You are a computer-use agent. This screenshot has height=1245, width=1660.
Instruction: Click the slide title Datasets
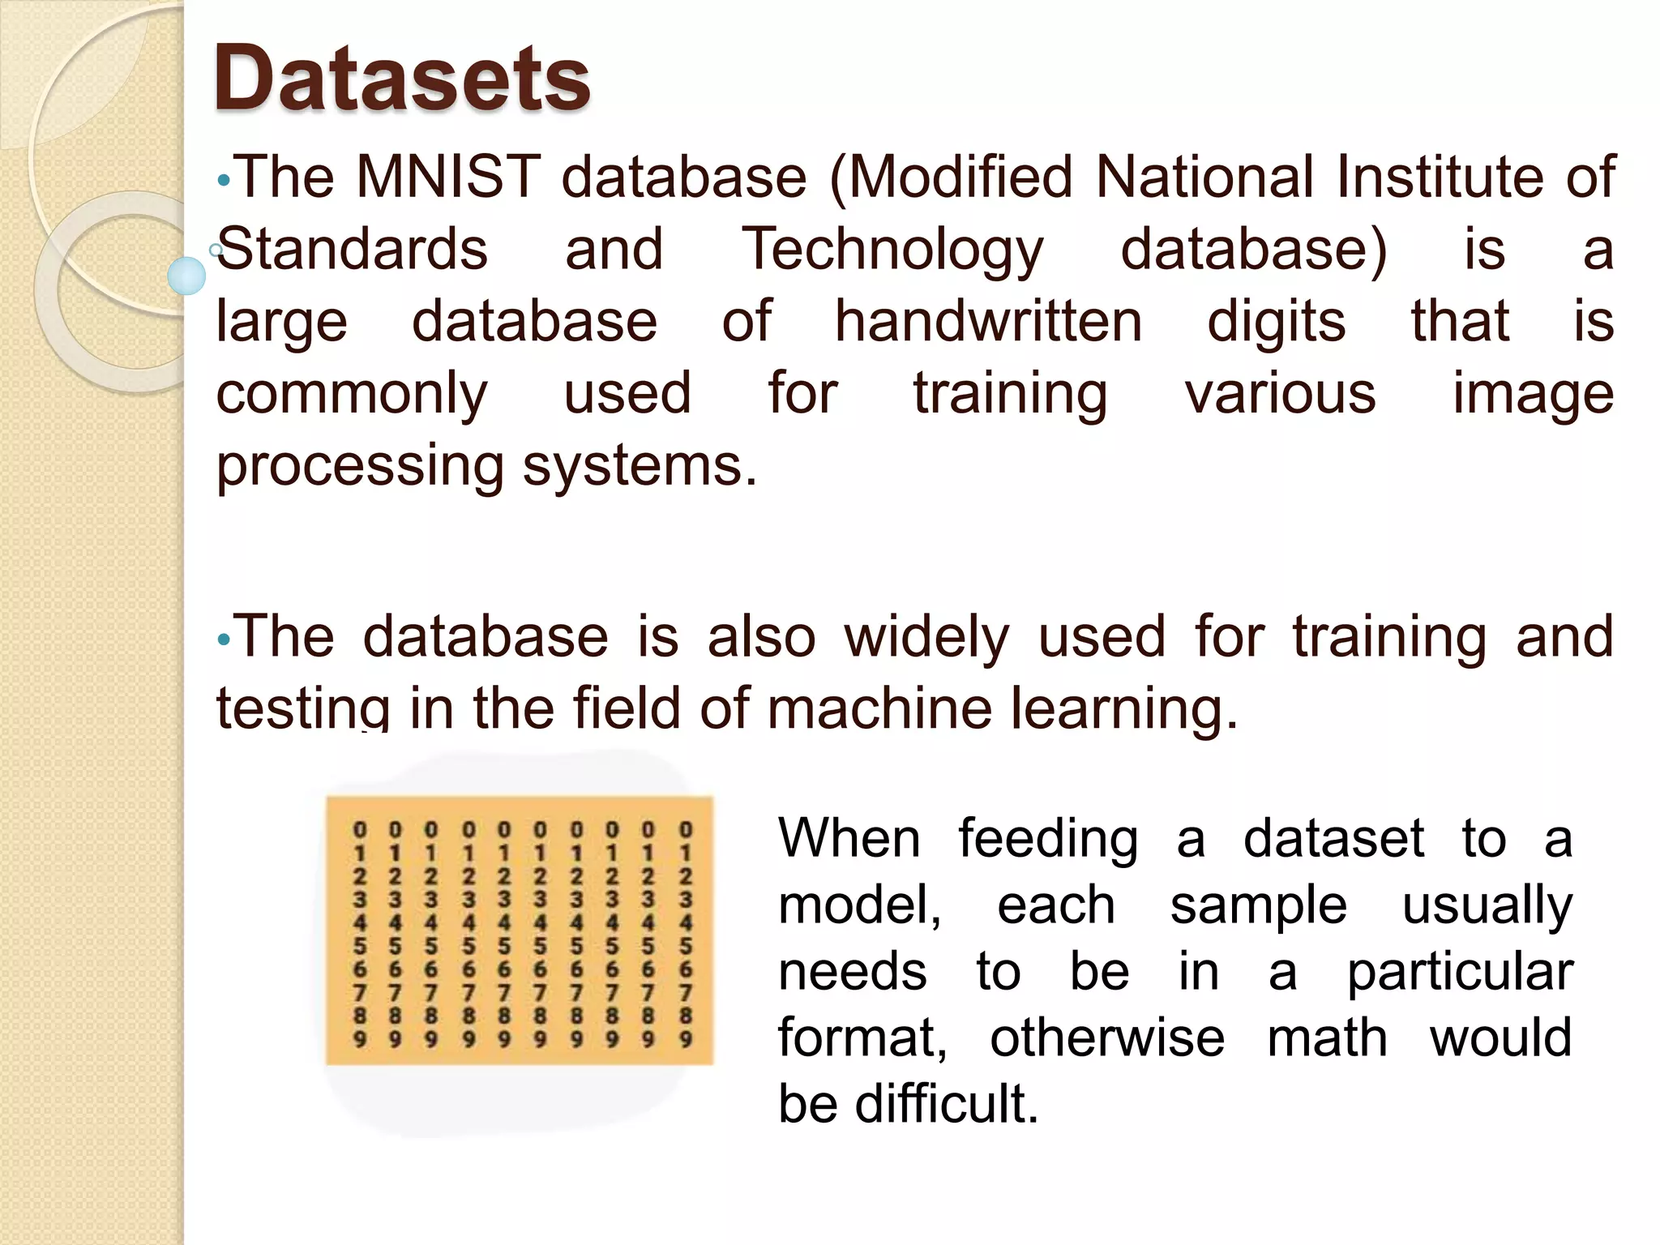coord(401,79)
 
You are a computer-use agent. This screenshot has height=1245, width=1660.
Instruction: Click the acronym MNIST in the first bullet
coord(448,177)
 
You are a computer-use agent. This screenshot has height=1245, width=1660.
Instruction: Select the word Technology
coord(893,250)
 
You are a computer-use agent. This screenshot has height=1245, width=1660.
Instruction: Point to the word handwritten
coord(988,321)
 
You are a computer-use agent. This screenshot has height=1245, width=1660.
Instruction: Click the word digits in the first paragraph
coord(1276,323)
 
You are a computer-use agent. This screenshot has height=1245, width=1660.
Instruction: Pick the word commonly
coord(352,395)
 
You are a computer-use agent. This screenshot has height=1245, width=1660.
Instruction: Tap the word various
coord(1280,393)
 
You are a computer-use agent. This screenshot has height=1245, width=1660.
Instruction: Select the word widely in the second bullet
coord(926,637)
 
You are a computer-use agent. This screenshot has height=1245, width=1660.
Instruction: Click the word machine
coord(879,708)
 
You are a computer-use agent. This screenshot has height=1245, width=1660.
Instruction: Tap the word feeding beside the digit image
coord(1048,838)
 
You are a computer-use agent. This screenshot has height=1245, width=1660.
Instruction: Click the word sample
coord(1258,905)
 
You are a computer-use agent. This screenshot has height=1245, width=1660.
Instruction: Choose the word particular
coord(1459,972)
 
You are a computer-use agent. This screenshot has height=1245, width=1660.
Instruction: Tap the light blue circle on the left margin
coord(186,276)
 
